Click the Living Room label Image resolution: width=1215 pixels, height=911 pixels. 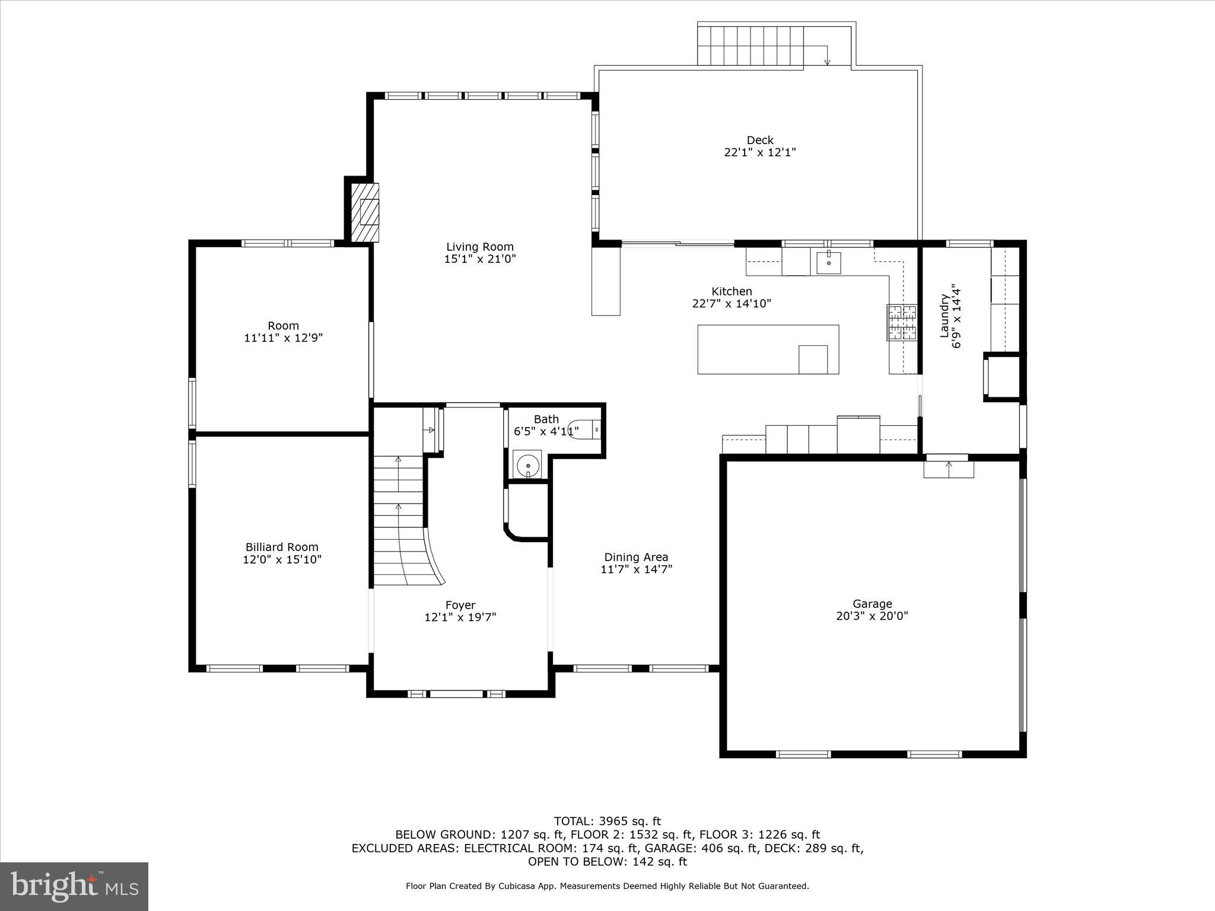click(x=480, y=247)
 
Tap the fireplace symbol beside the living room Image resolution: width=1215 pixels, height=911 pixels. click(x=365, y=212)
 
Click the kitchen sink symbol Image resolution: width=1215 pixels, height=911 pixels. click(x=828, y=262)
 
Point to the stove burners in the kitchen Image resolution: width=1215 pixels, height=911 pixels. click(x=901, y=323)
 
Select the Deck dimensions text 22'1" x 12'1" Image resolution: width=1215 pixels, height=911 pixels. click(x=759, y=152)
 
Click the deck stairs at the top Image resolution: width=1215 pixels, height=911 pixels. click(x=750, y=46)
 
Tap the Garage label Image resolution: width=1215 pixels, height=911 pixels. click(x=872, y=604)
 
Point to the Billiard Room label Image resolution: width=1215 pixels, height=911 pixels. click(x=282, y=547)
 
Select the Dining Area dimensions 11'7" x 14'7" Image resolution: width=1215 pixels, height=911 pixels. click(x=636, y=569)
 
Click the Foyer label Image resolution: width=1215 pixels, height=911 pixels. click(x=460, y=605)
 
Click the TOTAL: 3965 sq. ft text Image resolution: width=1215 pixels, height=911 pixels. click(x=607, y=821)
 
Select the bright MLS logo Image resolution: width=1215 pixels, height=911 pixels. click(x=74, y=886)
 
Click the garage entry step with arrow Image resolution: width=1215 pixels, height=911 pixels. click(x=948, y=469)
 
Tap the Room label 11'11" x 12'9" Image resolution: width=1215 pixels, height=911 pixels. click(x=283, y=332)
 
